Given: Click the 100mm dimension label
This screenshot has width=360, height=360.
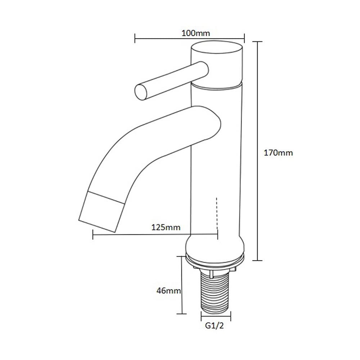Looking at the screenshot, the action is (196, 33).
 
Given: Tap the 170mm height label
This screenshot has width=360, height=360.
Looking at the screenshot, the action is (278, 153).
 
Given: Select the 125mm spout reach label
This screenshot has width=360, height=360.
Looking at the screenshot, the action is (166, 227).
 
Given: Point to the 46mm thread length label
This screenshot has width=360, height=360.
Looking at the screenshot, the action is (169, 291).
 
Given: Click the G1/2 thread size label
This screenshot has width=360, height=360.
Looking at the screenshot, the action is (214, 325).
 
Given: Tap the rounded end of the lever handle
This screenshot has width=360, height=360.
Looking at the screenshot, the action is (141, 92).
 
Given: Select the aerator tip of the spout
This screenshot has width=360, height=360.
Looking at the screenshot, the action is (102, 211).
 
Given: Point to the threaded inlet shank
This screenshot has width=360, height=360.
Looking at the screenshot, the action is (215, 292).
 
